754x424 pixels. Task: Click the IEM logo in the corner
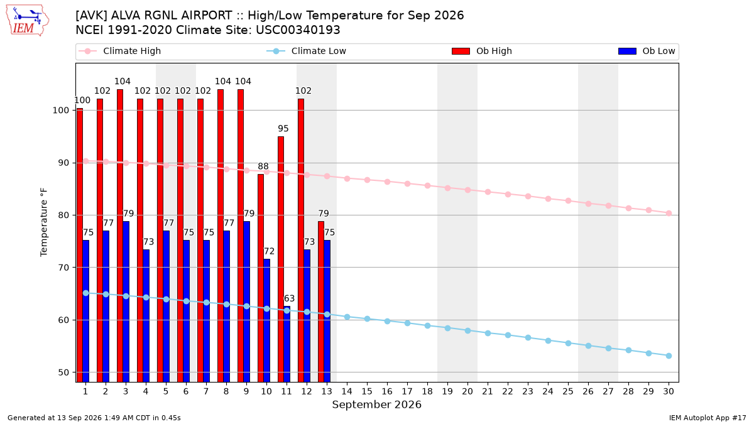tap(27, 21)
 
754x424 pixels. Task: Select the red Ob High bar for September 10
tap(261, 278)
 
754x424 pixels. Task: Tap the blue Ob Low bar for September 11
tap(287, 344)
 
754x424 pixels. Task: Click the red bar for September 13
tap(321, 302)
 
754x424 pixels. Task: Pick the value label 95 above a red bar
tap(283, 129)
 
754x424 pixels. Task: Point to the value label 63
tap(289, 298)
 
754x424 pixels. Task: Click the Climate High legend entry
tap(119, 51)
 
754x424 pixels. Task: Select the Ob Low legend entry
tap(647, 51)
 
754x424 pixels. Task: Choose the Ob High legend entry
tap(482, 51)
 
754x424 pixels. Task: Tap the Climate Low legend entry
tap(306, 51)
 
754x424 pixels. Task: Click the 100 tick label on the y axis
tap(61, 111)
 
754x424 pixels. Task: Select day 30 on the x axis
tap(669, 391)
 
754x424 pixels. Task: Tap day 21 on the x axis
tap(488, 391)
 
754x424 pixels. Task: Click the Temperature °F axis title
tap(44, 222)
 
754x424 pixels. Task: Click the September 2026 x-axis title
tap(376, 405)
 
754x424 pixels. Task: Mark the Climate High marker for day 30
tap(669, 214)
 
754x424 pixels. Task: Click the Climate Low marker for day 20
tap(467, 331)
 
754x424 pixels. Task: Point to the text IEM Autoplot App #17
tap(708, 418)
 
